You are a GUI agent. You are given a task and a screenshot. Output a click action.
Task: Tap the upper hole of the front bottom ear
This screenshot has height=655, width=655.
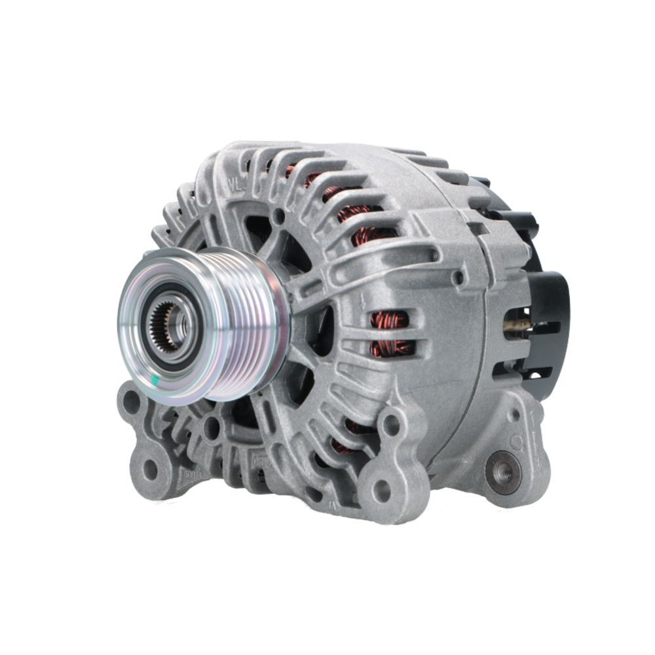coord(391,425)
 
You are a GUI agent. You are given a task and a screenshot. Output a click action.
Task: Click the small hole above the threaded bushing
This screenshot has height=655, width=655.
coord(514,415)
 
